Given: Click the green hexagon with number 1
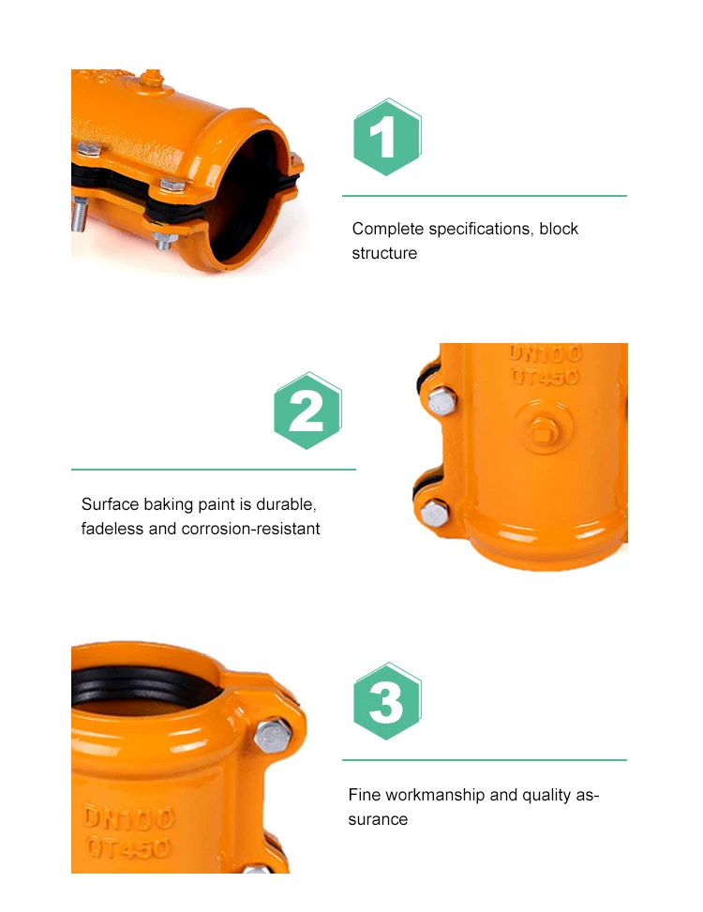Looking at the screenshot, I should click(387, 137).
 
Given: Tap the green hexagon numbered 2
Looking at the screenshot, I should click(307, 411).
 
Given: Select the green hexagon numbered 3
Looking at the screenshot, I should click(387, 701).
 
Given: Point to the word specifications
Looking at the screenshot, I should click(481, 229).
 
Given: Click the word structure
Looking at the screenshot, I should click(384, 253).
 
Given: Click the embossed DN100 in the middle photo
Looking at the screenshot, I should click(546, 354).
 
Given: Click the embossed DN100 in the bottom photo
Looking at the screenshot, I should click(128, 817).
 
